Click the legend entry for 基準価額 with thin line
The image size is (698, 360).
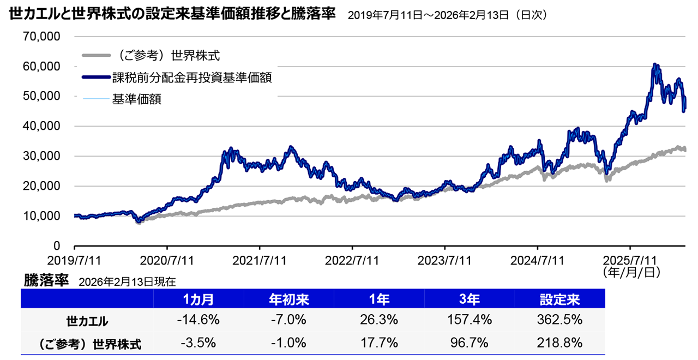tap(136, 99)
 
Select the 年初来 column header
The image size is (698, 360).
tap(288, 299)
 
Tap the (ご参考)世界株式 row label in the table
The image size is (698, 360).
tap(87, 344)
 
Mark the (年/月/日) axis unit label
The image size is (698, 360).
tap(631, 271)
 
